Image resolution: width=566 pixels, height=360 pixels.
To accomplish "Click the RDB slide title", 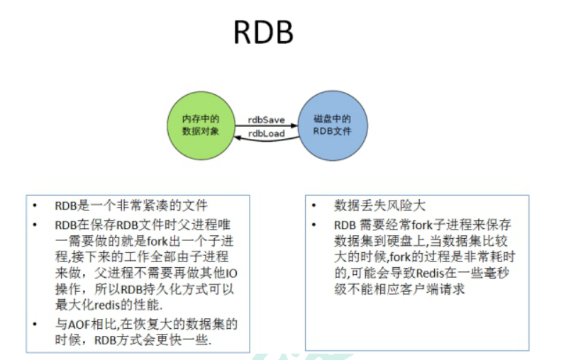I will (x=263, y=32).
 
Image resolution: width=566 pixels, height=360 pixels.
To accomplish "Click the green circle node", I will (x=201, y=126).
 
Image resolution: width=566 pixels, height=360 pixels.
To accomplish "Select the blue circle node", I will (x=331, y=126).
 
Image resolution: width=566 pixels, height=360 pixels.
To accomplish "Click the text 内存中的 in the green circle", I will (x=200, y=119).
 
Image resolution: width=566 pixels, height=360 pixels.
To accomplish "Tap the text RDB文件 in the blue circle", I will (x=332, y=132).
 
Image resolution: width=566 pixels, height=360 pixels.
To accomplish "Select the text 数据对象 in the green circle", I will (x=200, y=132).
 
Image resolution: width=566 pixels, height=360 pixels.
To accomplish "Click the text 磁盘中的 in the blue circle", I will (x=332, y=119).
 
